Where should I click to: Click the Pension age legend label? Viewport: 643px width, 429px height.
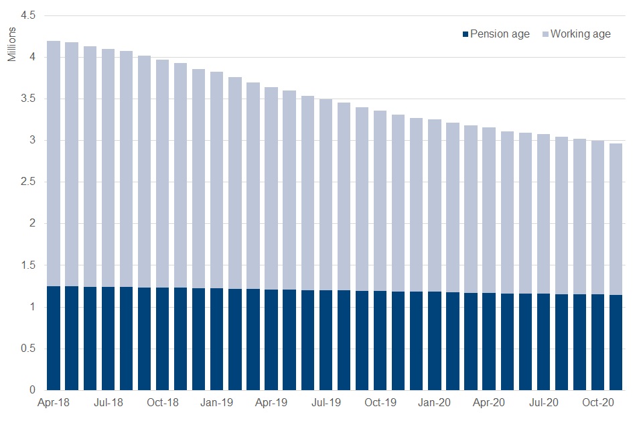point(500,34)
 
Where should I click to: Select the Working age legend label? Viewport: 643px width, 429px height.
point(580,34)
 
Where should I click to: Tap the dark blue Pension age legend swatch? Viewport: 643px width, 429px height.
point(466,34)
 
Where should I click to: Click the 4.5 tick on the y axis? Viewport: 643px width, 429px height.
point(27,15)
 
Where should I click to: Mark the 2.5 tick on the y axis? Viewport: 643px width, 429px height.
point(27,182)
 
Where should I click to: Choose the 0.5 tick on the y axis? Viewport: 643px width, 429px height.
point(27,349)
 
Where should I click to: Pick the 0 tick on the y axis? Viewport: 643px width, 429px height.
point(31,390)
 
